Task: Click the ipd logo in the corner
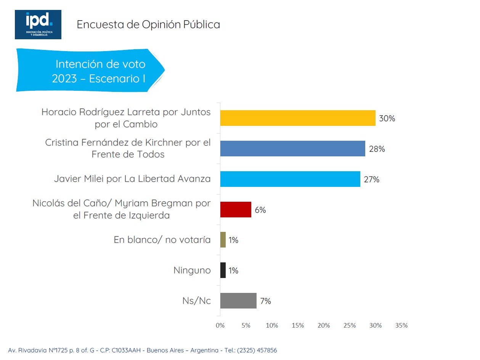(38, 24)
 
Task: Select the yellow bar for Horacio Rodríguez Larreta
(298, 118)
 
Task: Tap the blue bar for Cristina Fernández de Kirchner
(292, 148)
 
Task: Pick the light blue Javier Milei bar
(290, 179)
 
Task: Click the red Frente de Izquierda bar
(236, 209)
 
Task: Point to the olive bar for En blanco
(223, 240)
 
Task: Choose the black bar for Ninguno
(223, 270)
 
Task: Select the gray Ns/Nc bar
(238, 301)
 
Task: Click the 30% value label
(387, 118)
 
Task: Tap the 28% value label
(377, 149)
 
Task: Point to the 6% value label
(260, 210)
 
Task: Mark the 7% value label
(265, 301)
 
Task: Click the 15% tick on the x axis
(298, 325)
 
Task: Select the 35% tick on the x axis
(401, 325)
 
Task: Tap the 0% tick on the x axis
(220, 325)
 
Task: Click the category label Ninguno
(192, 270)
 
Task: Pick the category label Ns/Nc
(197, 301)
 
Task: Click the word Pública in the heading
(202, 24)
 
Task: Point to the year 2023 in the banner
(64, 79)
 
